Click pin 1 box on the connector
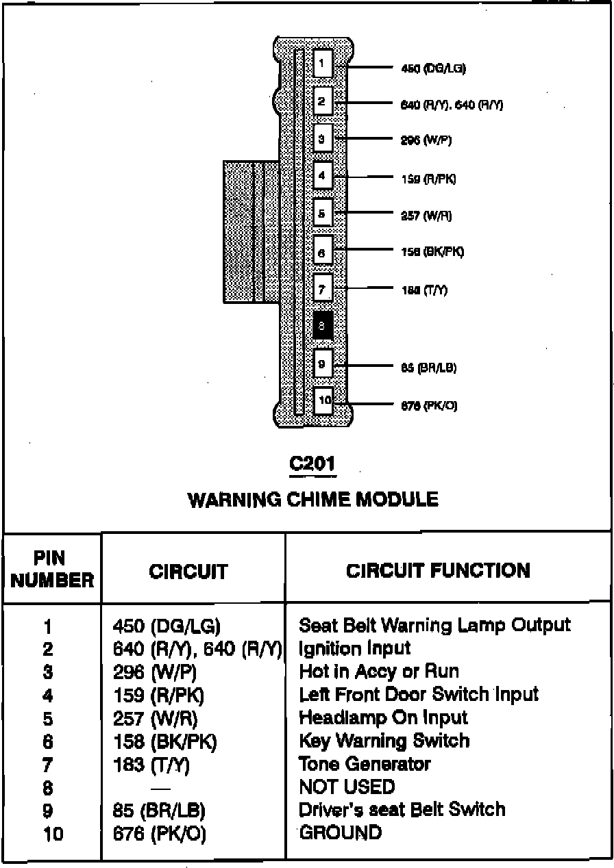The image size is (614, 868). pyautogui.click(x=323, y=63)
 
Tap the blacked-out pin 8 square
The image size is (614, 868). pyautogui.click(x=323, y=326)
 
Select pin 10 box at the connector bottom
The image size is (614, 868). pyautogui.click(x=323, y=400)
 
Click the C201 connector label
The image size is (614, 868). pyautogui.click(x=313, y=464)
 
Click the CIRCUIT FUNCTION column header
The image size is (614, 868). pyautogui.click(x=438, y=570)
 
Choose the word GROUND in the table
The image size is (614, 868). pyautogui.click(x=341, y=832)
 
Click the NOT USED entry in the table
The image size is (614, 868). pyautogui.click(x=347, y=787)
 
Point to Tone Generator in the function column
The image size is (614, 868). pyautogui.click(x=365, y=763)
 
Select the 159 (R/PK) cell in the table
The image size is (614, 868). pyautogui.click(x=158, y=695)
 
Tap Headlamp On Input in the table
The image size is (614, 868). pyautogui.click(x=383, y=717)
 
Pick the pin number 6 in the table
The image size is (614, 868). pyautogui.click(x=47, y=741)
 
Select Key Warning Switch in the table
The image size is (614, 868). pyautogui.click(x=384, y=741)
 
